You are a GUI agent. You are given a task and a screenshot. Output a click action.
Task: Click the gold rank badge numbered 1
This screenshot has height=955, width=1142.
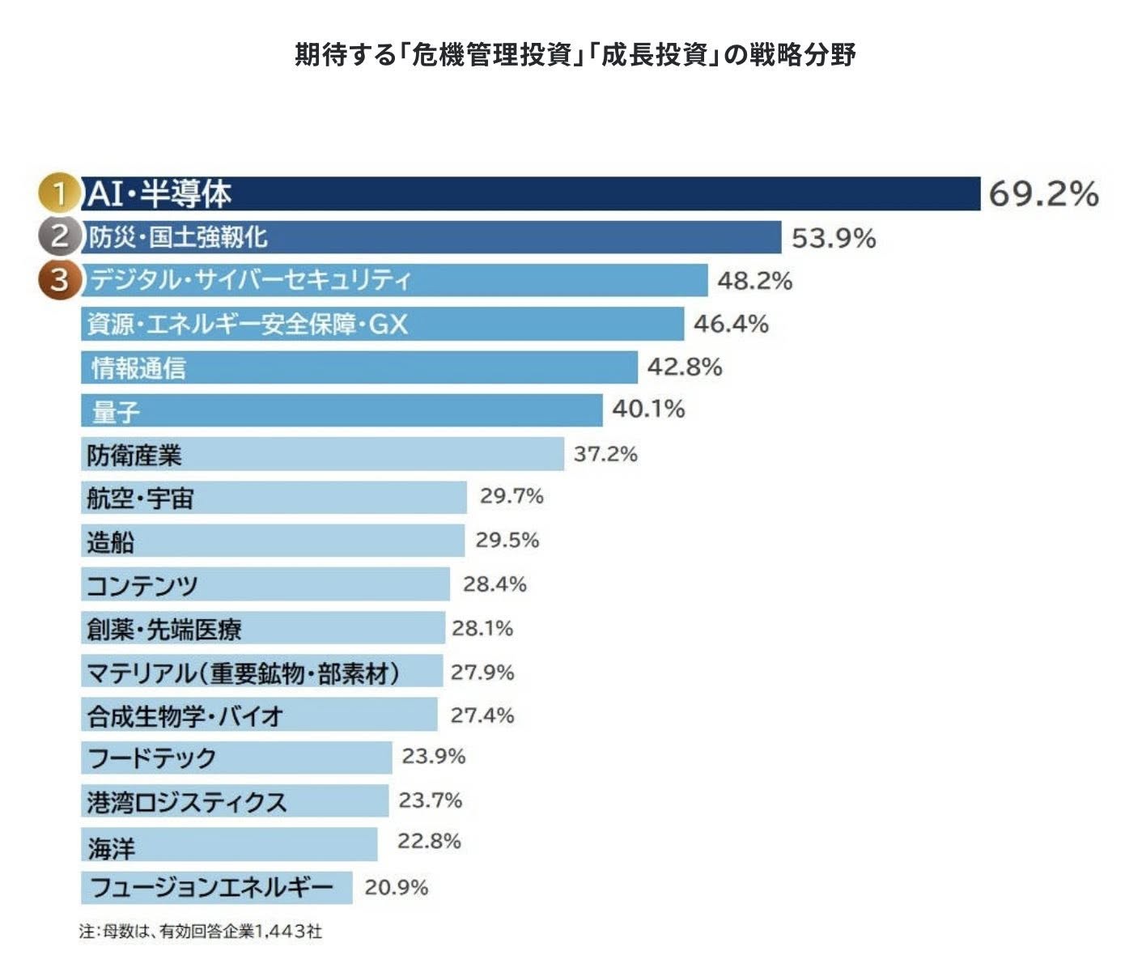59,193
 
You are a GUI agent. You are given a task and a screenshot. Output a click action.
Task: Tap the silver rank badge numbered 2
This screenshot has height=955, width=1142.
59,236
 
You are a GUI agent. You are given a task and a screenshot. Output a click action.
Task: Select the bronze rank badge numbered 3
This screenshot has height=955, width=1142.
59,280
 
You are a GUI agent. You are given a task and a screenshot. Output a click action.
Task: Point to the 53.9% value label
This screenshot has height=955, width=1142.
834,238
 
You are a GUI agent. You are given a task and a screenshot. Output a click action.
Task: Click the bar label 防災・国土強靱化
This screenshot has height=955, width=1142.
177,237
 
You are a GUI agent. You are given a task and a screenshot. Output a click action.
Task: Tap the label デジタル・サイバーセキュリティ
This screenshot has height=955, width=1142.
250,280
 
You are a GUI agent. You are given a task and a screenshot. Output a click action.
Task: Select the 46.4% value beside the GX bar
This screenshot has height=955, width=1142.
731,324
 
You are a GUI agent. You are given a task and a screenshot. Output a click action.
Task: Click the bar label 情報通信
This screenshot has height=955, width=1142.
138,368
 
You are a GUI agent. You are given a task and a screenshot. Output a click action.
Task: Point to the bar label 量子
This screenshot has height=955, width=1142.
116,412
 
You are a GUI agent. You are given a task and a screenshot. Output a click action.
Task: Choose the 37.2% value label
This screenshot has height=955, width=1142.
605,454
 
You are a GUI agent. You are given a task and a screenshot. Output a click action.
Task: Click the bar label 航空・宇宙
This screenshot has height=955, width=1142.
140,499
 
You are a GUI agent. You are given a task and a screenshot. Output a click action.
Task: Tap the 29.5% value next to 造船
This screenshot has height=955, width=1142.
507,540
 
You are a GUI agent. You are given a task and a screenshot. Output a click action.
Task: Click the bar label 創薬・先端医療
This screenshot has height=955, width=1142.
164,629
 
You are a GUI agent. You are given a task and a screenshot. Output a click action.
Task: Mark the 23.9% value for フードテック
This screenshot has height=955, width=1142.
434,756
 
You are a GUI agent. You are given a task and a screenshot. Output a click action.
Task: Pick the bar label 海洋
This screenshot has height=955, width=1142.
112,847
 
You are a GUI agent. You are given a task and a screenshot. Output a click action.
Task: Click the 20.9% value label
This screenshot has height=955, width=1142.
396,887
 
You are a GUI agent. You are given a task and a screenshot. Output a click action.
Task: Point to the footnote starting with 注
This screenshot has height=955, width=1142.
201,931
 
